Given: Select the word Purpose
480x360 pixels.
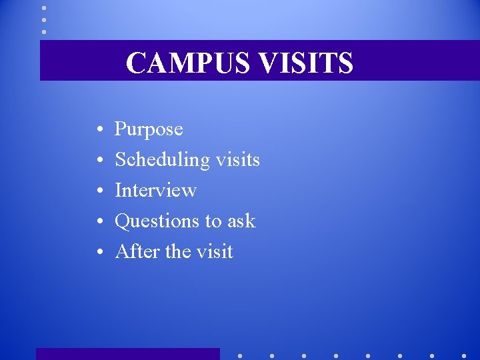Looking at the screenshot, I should pyautogui.click(x=149, y=129).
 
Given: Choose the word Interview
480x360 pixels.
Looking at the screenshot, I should pyautogui.click(x=155, y=190).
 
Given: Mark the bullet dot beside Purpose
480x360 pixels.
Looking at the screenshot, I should pyautogui.click(x=98, y=129).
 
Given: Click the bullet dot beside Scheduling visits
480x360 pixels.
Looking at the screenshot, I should pyautogui.click(x=98, y=160).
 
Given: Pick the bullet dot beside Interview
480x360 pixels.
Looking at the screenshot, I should pyautogui.click(x=98, y=191).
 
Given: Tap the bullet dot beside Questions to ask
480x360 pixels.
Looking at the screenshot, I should pyautogui.click(x=98, y=221).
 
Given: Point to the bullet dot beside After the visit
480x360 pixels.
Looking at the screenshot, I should pyautogui.click(x=98, y=252).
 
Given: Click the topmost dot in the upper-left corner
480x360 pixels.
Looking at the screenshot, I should pyautogui.click(x=44, y=8).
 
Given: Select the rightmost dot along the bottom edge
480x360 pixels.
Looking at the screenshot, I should pyautogui.click(x=464, y=355).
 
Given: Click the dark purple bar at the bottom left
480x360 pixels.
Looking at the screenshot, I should pyautogui.click(x=127, y=354).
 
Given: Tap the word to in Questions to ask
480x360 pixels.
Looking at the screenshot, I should pyautogui.click(x=212, y=221).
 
